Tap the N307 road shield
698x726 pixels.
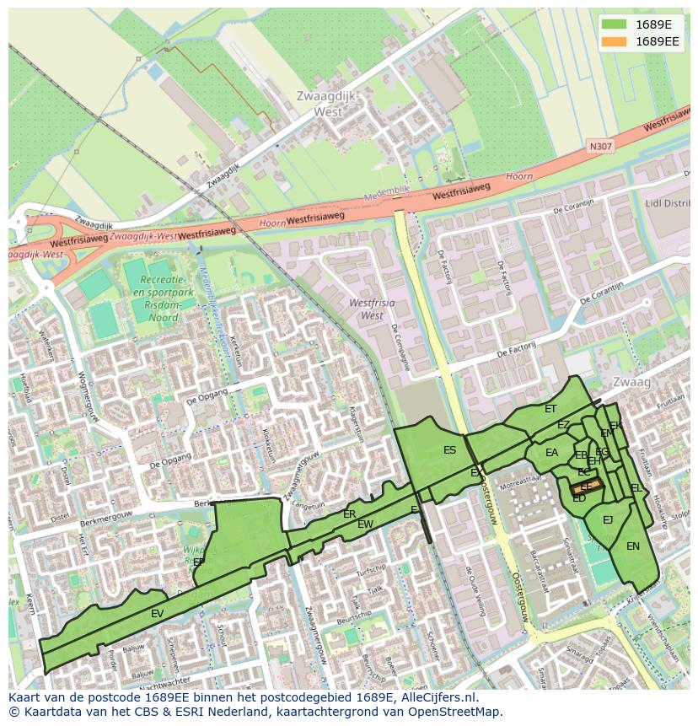(x=601, y=147)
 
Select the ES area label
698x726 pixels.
(x=449, y=450)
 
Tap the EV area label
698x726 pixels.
(x=157, y=614)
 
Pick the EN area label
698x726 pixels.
(x=632, y=546)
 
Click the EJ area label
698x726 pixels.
(x=608, y=519)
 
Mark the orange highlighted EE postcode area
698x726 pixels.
(x=584, y=487)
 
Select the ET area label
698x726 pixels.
(x=550, y=409)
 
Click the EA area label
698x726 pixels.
(x=551, y=453)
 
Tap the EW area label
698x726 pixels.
(x=365, y=524)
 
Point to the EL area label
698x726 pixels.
(x=636, y=488)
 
